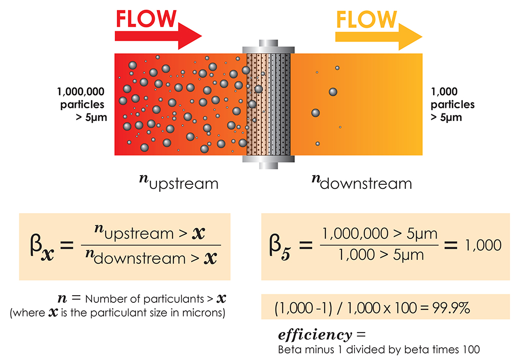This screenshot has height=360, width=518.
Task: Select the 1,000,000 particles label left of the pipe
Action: coord(81,105)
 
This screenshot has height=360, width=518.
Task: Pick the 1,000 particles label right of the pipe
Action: coord(452,105)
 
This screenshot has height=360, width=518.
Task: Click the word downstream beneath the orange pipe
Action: coord(367,183)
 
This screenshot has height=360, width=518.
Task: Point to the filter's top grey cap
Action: coord(268,45)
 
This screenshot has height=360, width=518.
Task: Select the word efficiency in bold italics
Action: coord(314,335)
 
